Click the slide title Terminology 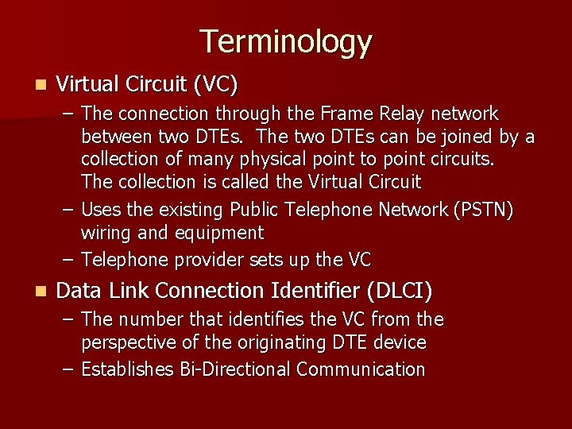click(x=285, y=42)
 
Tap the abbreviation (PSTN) click(x=484, y=210)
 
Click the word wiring click(x=108, y=233)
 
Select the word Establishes click(x=126, y=369)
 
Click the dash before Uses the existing click(x=69, y=210)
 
